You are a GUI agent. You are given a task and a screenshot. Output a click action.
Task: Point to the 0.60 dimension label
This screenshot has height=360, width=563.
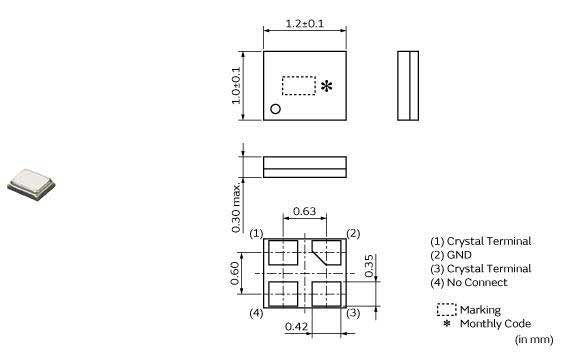click(x=237, y=272)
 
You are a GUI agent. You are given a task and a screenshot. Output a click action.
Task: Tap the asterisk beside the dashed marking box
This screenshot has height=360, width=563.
click(x=325, y=87)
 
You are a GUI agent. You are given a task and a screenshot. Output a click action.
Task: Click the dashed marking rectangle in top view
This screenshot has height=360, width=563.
click(x=299, y=86)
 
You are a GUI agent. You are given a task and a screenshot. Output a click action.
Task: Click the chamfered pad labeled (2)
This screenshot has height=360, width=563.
click(x=327, y=250)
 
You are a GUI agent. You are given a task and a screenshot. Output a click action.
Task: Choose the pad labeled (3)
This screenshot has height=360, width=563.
click(x=326, y=294)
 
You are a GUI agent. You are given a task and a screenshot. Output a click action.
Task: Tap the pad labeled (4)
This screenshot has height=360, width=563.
click(x=282, y=294)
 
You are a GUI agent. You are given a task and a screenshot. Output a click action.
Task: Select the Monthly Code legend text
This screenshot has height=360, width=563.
click(x=495, y=323)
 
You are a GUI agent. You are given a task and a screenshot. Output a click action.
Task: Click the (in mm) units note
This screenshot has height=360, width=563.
click(x=533, y=340)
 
